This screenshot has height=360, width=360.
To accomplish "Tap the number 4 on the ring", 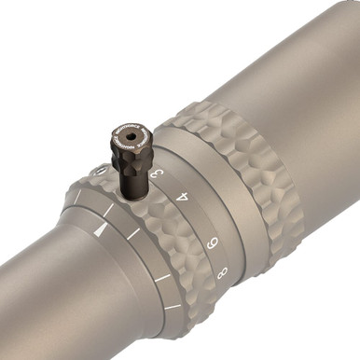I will [183, 199].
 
